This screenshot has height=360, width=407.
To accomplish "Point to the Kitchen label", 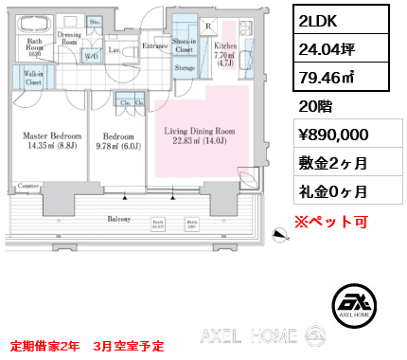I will coord(224,45).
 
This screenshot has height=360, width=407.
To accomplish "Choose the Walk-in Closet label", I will coord(28,78).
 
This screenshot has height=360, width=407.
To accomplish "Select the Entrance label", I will coord(155,45).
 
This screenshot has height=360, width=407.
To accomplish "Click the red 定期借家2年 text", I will coord(45,345).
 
